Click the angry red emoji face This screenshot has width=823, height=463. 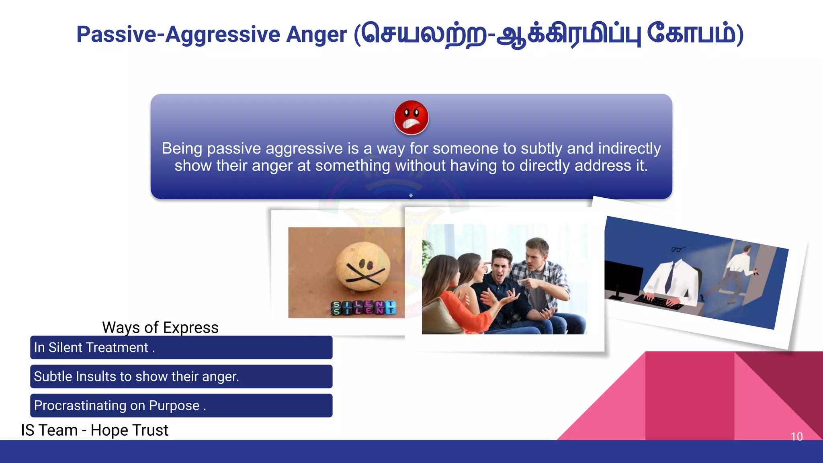(x=411, y=117)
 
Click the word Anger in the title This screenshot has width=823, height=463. (x=316, y=35)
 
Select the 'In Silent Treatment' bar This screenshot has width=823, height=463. (x=181, y=347)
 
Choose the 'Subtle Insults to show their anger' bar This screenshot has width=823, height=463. (x=181, y=377)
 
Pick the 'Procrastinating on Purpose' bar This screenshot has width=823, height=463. (x=181, y=406)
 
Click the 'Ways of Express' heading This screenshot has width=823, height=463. (x=160, y=328)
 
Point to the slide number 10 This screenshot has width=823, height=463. (x=796, y=436)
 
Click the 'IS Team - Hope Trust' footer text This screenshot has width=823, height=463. (x=94, y=430)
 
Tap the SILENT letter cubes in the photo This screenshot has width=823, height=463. (x=364, y=308)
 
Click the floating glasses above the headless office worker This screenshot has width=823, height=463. (x=678, y=250)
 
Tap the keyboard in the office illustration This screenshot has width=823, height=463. (x=659, y=302)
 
